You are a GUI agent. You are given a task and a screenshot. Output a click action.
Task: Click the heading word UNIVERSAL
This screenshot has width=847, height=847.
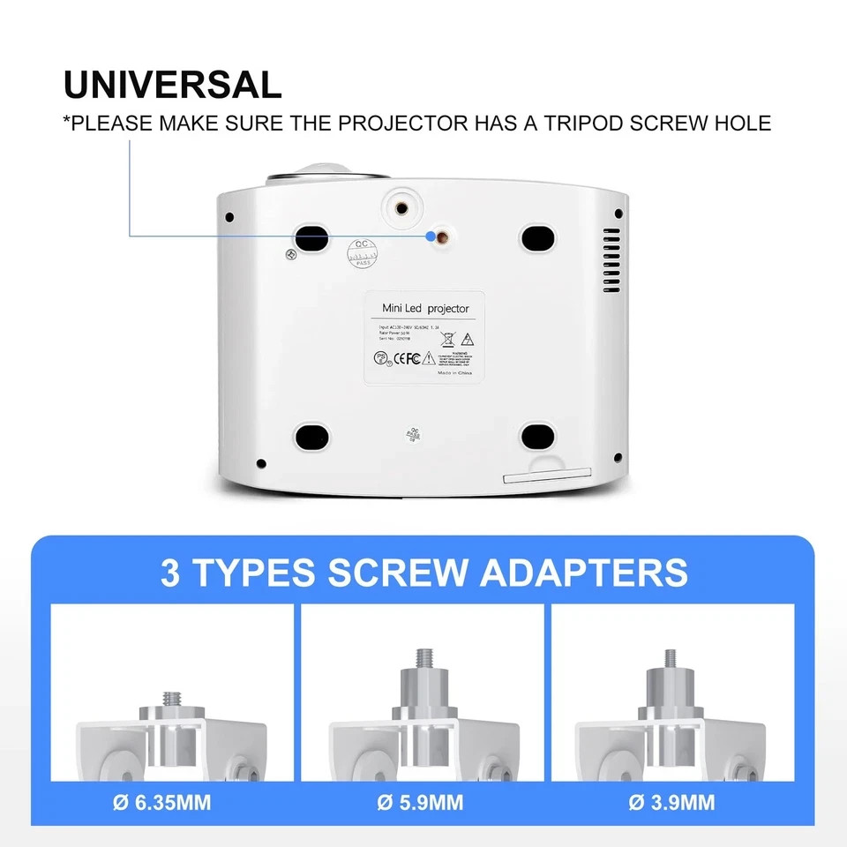173,84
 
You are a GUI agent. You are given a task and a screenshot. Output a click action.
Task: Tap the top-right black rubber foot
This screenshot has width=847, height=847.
537,236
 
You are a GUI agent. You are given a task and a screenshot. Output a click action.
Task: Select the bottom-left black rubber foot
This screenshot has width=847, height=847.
311,436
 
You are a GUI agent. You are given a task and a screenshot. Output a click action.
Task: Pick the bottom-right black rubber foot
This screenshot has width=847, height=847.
537,436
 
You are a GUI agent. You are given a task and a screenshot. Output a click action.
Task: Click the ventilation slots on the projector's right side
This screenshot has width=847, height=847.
611,261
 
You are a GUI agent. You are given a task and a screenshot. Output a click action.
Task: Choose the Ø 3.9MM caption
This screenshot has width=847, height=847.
674,803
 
